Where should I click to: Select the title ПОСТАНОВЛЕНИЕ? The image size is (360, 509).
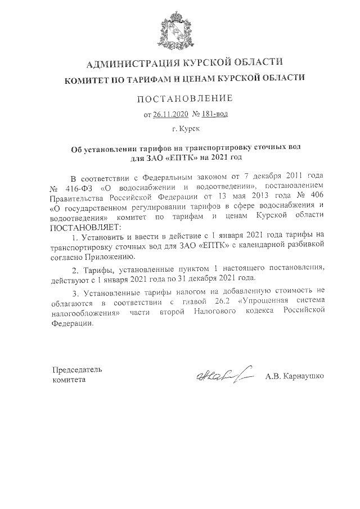click(x=184, y=100)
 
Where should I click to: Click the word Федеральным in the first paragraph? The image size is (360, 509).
click(x=174, y=175)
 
